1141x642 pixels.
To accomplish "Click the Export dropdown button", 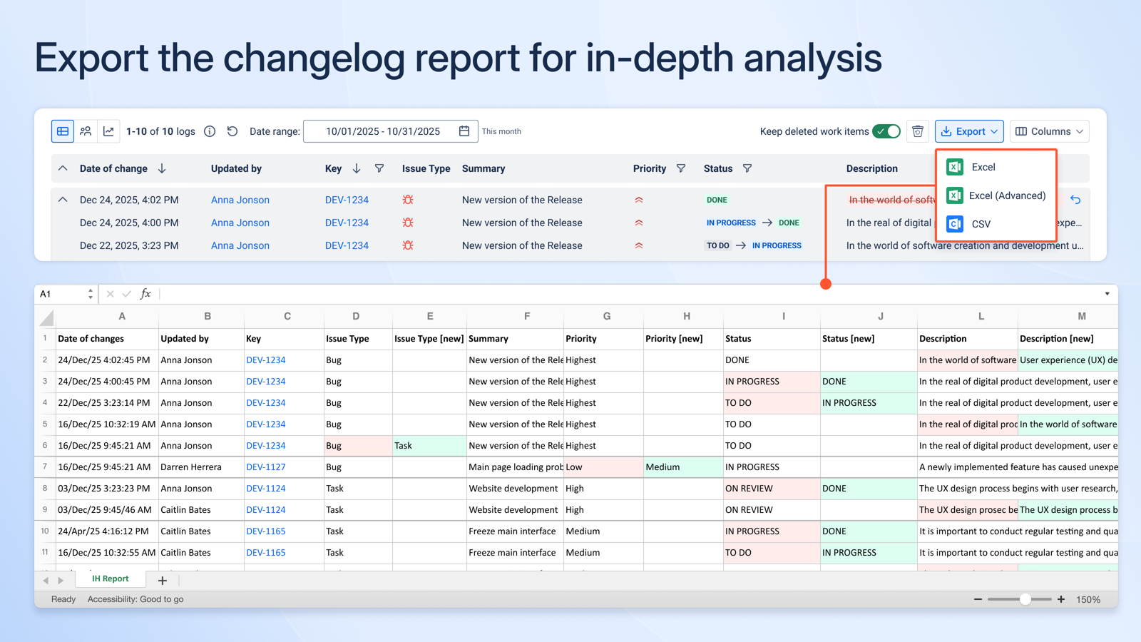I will point(969,131).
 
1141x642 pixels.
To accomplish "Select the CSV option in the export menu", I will point(981,224).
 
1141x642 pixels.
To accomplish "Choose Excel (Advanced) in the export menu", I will point(1006,195).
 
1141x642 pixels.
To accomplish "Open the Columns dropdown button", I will point(1050,131).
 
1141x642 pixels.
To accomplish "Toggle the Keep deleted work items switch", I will point(887,131).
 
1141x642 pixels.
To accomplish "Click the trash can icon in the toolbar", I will point(918,131).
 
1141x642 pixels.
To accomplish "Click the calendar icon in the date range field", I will point(464,131).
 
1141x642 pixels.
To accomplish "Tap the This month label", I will point(501,131).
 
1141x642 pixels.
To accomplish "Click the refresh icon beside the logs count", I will point(232,131).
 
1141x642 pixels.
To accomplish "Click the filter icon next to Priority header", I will point(681,168).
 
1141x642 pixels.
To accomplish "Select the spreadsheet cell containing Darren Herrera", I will point(191,467).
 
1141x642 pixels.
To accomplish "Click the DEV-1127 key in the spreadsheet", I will point(266,467).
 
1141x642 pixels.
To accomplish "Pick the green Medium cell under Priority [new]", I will point(682,467).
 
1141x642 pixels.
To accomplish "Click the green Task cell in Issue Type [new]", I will point(429,446).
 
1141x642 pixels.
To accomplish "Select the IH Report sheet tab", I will point(111,579).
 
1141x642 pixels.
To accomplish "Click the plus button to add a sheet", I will point(163,581).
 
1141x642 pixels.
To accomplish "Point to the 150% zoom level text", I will point(1088,599).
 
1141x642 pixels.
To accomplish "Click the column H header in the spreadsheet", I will point(686,316).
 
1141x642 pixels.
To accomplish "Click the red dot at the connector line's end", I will point(826,284).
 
